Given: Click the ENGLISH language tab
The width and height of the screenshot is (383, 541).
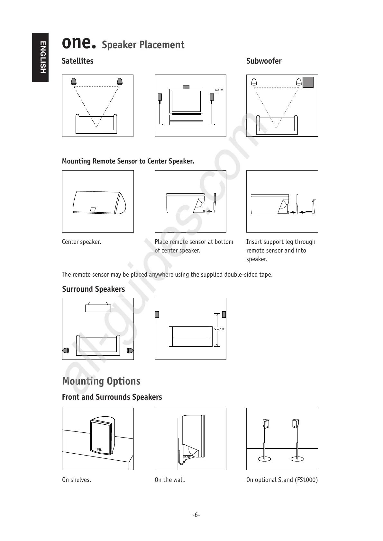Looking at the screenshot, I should pyautogui.click(x=43, y=57).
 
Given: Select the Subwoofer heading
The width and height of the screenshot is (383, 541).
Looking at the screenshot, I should pyautogui.click(x=264, y=61).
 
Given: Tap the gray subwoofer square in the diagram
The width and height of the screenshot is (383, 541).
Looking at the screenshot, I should pyautogui.click(x=308, y=82).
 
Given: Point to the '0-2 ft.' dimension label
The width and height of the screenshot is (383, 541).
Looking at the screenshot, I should pyautogui.click(x=219, y=90).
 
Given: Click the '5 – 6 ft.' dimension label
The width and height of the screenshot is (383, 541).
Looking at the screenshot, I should pyautogui.click(x=220, y=329).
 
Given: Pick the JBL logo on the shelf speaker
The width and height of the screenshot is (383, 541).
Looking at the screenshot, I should pyautogui.click(x=99, y=450).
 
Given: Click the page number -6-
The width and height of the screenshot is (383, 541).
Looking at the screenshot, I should pyautogui.click(x=196, y=515).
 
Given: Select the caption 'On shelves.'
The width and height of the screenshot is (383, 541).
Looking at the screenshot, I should pyautogui.click(x=77, y=480).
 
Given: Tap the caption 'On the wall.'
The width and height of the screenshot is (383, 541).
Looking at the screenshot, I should pyautogui.click(x=170, y=480).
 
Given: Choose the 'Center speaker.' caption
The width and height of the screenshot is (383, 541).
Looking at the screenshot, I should pyautogui.click(x=81, y=242).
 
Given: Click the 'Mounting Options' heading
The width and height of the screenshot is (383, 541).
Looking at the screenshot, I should pyautogui.click(x=101, y=381).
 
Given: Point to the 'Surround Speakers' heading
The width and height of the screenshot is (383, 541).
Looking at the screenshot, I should pyautogui.click(x=93, y=289).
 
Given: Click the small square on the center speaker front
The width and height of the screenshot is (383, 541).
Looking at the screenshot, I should pyautogui.click(x=93, y=209).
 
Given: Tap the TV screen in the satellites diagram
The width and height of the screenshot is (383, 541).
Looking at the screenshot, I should pyautogui.click(x=187, y=101).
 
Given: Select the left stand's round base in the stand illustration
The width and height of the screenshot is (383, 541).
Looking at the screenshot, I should pyautogui.click(x=264, y=459).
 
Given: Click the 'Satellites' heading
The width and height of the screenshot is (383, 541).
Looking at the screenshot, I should pyautogui.click(x=78, y=61).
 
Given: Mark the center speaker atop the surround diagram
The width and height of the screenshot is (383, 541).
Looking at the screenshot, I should pyautogui.click(x=98, y=307).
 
